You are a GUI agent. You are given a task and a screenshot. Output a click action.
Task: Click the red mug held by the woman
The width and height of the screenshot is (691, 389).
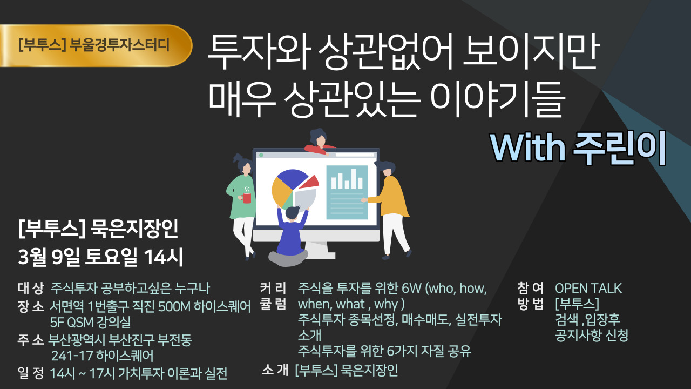coord(247,198)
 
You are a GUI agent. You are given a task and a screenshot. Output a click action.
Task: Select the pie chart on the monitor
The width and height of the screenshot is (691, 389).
coord(292,189)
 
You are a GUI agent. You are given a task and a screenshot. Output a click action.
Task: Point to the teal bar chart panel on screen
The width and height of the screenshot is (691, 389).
coord(347,192)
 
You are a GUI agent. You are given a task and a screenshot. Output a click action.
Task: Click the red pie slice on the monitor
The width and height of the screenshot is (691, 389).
coord(310,182)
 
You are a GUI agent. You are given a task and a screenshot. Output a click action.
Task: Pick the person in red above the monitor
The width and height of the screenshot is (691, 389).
coord(322,140)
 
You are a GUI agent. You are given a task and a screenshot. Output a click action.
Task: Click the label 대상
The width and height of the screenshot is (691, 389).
coord(30,288)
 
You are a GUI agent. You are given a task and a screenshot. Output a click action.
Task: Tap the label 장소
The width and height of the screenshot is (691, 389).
coord(30,307)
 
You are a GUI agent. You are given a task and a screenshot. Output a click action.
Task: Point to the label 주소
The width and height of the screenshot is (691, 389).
coord(30,340)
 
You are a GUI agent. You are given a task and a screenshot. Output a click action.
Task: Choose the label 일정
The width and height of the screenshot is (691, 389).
coord(30,373)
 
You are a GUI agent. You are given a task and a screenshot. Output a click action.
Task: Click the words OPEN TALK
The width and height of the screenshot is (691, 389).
coord(588,288)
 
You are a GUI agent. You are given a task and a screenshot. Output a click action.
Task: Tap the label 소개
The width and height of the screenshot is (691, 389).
coord(275,371)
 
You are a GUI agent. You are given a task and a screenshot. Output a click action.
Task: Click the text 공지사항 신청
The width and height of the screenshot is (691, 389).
coord(592,336)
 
